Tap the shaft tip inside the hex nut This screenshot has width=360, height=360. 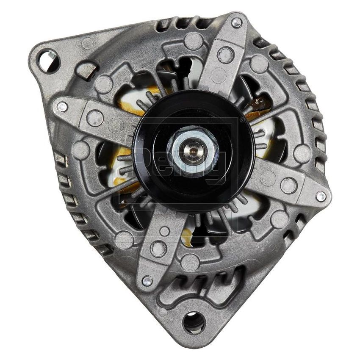(194, 149)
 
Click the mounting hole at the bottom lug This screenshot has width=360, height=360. (194, 322)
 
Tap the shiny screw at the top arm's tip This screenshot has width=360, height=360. (237, 22)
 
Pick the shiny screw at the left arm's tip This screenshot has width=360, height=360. (62, 107)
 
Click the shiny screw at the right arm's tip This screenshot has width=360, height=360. (321, 197)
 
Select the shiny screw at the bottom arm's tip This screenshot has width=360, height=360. (147, 281)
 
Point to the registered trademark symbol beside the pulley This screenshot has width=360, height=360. (242, 120)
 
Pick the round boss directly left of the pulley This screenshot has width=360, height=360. (80, 150)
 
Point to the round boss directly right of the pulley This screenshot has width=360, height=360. (302, 153)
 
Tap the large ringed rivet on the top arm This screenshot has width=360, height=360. (226, 55)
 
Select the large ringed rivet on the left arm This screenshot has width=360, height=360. (95, 118)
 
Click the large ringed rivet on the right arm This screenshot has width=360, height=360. (288, 185)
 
